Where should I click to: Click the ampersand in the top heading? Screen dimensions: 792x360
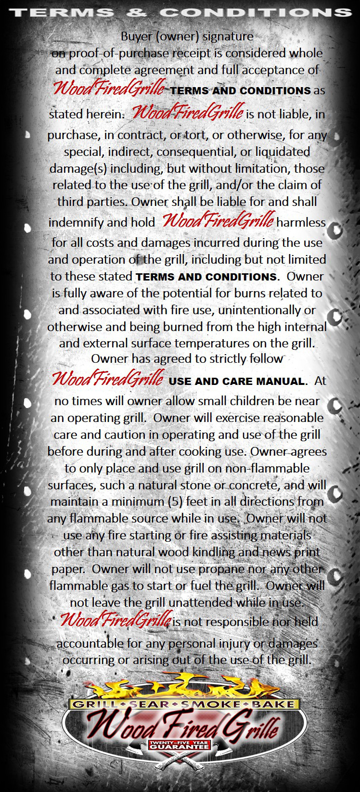pyautogui.click(x=137, y=12)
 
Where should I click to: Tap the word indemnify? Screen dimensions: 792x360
pyautogui.click(x=76, y=222)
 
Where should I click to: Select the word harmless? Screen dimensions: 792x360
pyautogui.click(x=301, y=222)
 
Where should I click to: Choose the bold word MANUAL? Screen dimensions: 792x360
pyautogui.click(x=282, y=382)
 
